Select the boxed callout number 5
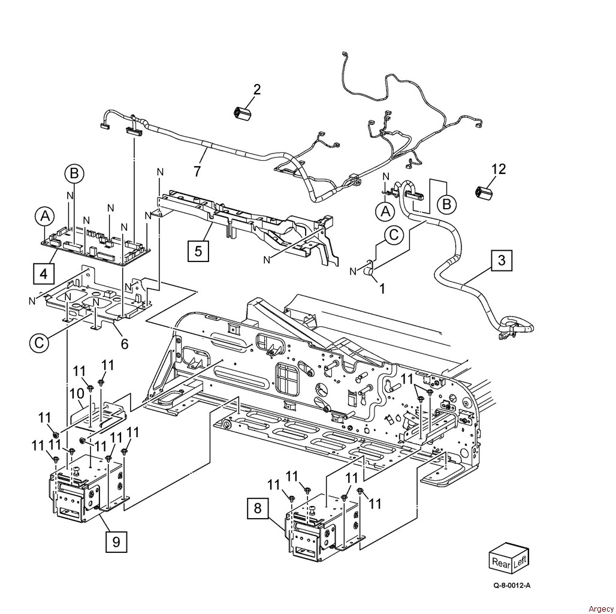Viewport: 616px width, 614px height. [x=198, y=251]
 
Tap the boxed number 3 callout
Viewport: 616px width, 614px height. [x=502, y=260]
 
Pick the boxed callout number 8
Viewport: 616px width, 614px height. [x=257, y=508]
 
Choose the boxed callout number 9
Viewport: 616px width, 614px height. [x=116, y=542]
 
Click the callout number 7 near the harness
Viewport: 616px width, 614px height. [x=197, y=171]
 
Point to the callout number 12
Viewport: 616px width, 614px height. [x=498, y=169]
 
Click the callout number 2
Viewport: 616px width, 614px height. [x=256, y=89]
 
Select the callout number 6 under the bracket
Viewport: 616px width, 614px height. [x=124, y=344]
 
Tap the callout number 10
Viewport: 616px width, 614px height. [x=77, y=393]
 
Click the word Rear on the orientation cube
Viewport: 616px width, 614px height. [x=501, y=562]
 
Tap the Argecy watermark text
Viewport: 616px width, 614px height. [x=601, y=609]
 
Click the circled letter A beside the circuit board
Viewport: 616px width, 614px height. [x=46, y=216]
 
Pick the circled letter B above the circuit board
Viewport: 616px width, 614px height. [x=74, y=173]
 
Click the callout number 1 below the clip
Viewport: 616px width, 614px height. [x=382, y=288]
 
